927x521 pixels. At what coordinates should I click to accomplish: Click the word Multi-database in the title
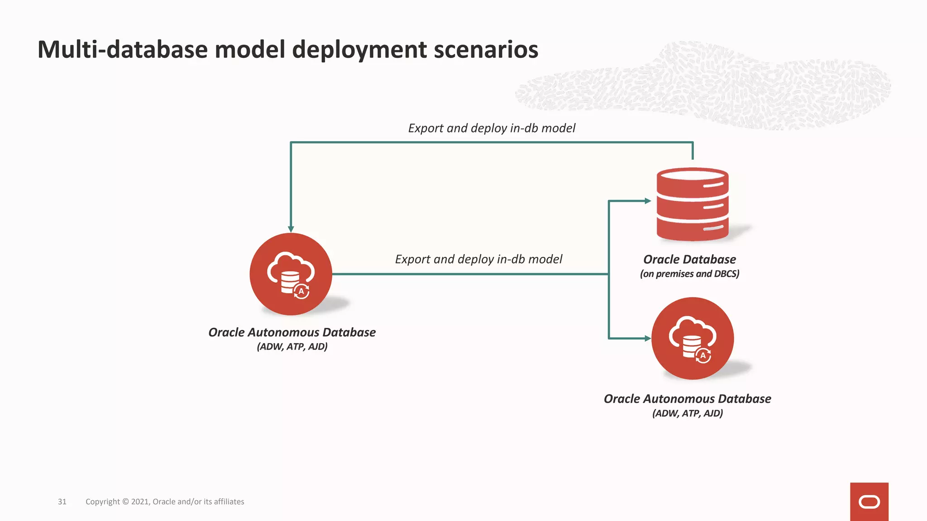pyautogui.click(x=123, y=49)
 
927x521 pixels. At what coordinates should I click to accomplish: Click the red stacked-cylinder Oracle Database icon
pyautogui.click(x=692, y=204)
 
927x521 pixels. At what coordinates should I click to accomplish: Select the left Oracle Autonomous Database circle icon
pyautogui.click(x=291, y=274)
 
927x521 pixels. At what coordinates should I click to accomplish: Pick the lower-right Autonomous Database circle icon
pyautogui.click(x=692, y=338)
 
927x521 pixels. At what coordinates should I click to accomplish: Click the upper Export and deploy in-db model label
pyautogui.click(x=492, y=128)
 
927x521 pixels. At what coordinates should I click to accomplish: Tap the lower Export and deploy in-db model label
pyautogui.click(x=478, y=259)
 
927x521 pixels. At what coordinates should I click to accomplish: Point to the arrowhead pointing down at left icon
pyautogui.click(x=291, y=229)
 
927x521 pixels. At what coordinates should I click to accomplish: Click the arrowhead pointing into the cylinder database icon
pyautogui.click(x=648, y=201)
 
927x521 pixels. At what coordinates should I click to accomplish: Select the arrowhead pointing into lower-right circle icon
pyautogui.click(x=648, y=338)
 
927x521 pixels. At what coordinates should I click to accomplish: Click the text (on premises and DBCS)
pyautogui.click(x=689, y=274)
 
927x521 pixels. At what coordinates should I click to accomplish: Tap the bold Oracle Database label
pyautogui.click(x=689, y=259)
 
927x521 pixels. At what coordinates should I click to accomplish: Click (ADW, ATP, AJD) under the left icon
pyautogui.click(x=292, y=346)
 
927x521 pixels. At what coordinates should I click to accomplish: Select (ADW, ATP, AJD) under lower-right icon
pyautogui.click(x=687, y=413)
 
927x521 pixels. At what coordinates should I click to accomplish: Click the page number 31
pyautogui.click(x=62, y=502)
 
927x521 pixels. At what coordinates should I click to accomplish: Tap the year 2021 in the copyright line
pyautogui.click(x=140, y=502)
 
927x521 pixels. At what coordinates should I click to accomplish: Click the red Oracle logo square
pyautogui.click(x=869, y=502)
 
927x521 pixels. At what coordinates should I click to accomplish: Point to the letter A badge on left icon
pyautogui.click(x=301, y=291)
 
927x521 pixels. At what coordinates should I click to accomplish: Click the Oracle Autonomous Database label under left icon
pyautogui.click(x=292, y=332)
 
